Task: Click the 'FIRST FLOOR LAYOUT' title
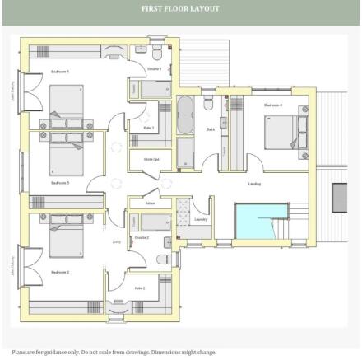[x=180, y=10]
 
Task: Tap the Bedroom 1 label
[x=59, y=72]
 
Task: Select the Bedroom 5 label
[x=59, y=182]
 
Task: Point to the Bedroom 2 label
[x=59, y=271]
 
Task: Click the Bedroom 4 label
[x=273, y=105]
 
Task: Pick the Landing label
[x=255, y=183]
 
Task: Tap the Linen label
[x=151, y=202]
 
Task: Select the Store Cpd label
[x=151, y=159]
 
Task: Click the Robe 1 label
[x=149, y=128]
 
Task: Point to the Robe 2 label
[x=139, y=288]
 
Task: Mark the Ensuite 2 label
[x=142, y=237]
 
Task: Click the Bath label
[x=211, y=129]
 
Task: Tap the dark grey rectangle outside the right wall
[x=341, y=198]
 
